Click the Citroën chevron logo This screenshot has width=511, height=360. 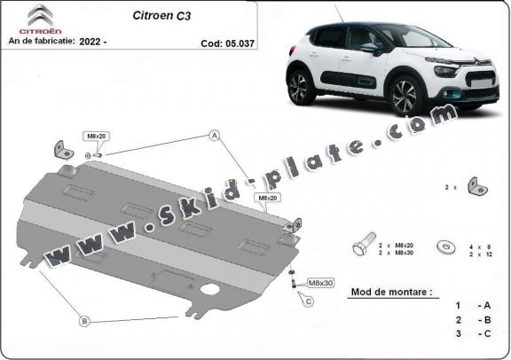[x=41, y=15]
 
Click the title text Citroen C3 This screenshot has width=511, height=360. [x=161, y=16]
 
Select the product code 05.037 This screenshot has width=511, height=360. [x=240, y=43]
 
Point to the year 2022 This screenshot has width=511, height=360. [x=90, y=41]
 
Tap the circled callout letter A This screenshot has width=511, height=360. [x=215, y=135]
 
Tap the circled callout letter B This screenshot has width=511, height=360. [x=84, y=322]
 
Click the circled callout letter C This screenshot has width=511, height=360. [x=309, y=301]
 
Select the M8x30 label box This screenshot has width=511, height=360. [x=320, y=283]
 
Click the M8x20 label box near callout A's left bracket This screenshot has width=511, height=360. [x=96, y=137]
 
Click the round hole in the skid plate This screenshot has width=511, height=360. [x=210, y=289]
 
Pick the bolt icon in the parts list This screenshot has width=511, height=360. [x=364, y=245]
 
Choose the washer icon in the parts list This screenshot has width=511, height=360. [x=446, y=247]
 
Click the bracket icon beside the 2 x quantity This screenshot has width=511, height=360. [x=476, y=186]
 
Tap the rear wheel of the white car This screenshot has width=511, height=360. [x=300, y=87]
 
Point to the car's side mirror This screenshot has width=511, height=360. [x=371, y=48]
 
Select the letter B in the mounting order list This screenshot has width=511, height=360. [x=488, y=320]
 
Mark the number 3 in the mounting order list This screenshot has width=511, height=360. [x=459, y=333]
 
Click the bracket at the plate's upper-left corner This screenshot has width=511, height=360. [x=63, y=150]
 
